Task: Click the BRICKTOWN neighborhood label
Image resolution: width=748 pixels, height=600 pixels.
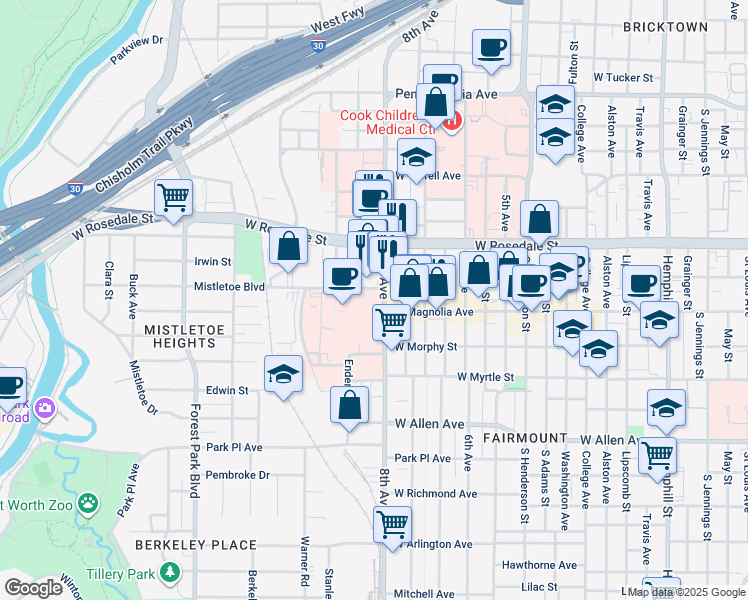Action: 665,27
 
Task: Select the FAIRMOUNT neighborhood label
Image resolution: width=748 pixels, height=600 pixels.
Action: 525,438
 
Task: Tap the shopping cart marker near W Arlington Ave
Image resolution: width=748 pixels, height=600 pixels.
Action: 392,523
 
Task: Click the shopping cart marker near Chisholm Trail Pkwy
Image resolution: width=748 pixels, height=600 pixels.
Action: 174,197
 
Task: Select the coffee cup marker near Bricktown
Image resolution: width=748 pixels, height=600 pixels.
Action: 491,48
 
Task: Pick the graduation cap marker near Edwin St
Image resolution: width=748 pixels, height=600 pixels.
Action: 284,374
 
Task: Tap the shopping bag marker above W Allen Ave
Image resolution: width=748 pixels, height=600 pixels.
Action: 350,405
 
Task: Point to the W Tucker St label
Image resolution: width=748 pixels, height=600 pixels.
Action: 622,76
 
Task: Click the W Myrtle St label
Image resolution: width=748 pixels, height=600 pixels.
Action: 485,377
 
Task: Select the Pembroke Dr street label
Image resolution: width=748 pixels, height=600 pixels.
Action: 236,475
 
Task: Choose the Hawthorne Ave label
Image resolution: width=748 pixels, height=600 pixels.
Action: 539,565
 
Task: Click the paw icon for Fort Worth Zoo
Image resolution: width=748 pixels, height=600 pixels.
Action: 89,503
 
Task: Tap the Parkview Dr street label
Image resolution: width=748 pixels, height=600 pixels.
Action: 137,48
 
